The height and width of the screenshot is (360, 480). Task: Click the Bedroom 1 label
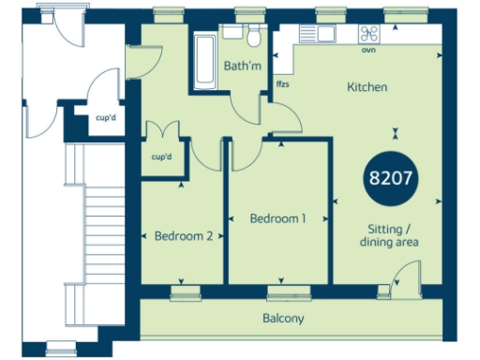pos(277,218)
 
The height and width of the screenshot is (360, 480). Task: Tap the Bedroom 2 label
pos(184,236)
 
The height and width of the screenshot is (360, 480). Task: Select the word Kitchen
pos(367,87)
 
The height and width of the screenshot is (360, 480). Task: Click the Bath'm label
pos(242,67)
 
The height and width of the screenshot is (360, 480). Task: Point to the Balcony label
pos(283,319)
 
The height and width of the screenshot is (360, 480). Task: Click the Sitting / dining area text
pos(387,235)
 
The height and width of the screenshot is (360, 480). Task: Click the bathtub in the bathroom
pos(204,62)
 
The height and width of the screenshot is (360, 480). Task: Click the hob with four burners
pos(373,34)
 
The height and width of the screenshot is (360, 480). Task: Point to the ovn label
pos(370,51)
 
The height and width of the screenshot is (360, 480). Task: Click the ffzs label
pos(282,85)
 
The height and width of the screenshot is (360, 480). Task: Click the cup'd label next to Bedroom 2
pos(162,157)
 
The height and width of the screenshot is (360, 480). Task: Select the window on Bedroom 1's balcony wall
pos(280,292)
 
